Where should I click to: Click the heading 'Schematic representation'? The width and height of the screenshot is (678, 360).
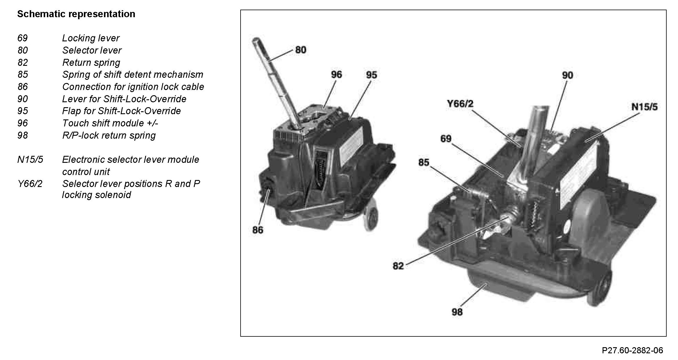click(76, 14)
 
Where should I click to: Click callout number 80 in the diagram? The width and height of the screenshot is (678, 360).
click(301, 50)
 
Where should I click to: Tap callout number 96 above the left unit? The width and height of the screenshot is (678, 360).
click(336, 75)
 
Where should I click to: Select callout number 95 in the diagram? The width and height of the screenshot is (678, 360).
click(371, 75)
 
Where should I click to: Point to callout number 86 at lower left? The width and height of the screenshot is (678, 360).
click(258, 230)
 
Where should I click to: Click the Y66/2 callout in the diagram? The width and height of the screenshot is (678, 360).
click(460, 103)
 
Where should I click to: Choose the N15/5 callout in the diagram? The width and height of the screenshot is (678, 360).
click(644, 107)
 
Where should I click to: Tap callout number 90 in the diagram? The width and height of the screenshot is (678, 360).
click(567, 75)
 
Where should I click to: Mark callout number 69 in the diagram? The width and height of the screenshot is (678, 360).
click(446, 139)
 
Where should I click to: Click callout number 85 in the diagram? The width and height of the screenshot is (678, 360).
click(424, 162)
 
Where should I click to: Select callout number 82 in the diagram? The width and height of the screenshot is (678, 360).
click(398, 266)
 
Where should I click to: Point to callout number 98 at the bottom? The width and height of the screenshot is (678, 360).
click(457, 312)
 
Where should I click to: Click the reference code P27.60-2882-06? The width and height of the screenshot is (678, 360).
click(632, 350)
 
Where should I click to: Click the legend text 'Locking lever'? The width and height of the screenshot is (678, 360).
click(91, 38)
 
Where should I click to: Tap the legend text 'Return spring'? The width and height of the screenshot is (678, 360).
click(91, 63)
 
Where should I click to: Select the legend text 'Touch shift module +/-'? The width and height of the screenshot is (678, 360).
click(110, 123)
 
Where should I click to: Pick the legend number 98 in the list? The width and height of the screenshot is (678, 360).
click(23, 135)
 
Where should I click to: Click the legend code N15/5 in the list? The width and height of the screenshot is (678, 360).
click(30, 160)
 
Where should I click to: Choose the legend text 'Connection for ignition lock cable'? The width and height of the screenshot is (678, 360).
click(133, 87)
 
